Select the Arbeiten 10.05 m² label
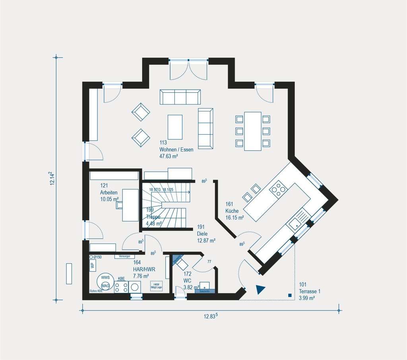pos(109,192)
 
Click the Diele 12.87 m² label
pos(206,234)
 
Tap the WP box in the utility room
pos(92,265)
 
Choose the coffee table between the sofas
pos(175,127)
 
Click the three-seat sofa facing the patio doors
pos(180,97)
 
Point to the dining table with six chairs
pos(253,131)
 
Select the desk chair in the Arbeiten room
pos(119,205)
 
